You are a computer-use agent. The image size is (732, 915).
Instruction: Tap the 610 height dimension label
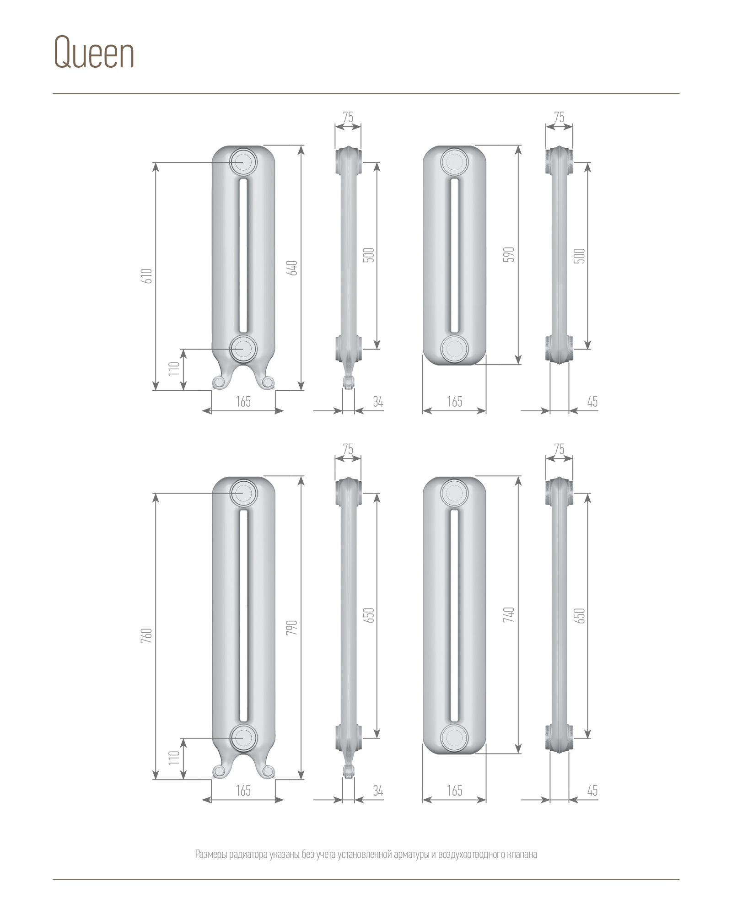(147, 276)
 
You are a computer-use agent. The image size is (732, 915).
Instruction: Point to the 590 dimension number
(510, 254)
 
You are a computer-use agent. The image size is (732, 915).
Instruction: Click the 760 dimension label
(147, 636)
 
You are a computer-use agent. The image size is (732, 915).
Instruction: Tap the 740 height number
(510, 614)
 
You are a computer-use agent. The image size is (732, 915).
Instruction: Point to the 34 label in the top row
(378, 402)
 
